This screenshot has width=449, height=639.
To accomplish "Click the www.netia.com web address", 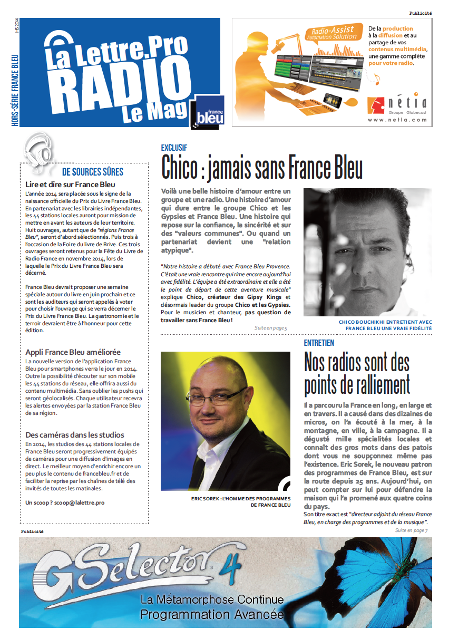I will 397,120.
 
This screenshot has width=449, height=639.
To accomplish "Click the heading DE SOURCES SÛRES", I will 93,172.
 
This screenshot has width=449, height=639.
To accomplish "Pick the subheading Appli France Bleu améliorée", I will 73,352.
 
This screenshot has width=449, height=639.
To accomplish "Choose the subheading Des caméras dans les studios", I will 75,435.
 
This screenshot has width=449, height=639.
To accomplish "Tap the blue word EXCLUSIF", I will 174,148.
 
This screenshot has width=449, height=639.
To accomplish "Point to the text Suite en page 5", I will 270,328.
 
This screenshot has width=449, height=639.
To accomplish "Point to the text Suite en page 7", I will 411,530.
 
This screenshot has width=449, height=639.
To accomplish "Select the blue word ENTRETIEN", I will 319,343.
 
